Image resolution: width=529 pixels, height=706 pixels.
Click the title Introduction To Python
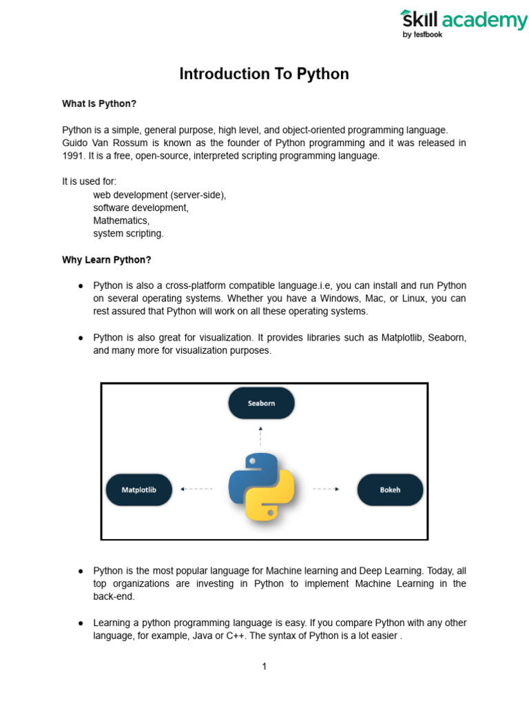click(x=264, y=74)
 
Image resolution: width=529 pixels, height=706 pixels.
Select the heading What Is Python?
click(x=99, y=103)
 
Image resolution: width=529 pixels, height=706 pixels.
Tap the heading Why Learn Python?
click(x=106, y=260)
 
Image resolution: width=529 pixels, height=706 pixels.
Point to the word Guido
click(x=76, y=143)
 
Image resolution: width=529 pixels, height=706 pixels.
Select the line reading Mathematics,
click(x=121, y=221)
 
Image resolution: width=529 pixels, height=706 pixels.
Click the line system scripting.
click(x=128, y=234)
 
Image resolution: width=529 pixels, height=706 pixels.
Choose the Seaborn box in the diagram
click(x=261, y=403)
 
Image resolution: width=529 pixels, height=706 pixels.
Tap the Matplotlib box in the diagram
click(x=138, y=490)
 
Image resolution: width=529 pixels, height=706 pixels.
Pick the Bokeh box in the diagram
click(x=390, y=490)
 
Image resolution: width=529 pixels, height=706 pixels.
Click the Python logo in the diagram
click(x=261, y=487)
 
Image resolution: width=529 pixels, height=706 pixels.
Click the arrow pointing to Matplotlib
click(x=196, y=489)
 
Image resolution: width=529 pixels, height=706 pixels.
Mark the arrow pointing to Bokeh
click(x=326, y=489)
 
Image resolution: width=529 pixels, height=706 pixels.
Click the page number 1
click(x=264, y=666)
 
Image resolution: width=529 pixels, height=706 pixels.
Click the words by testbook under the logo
click(x=422, y=34)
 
